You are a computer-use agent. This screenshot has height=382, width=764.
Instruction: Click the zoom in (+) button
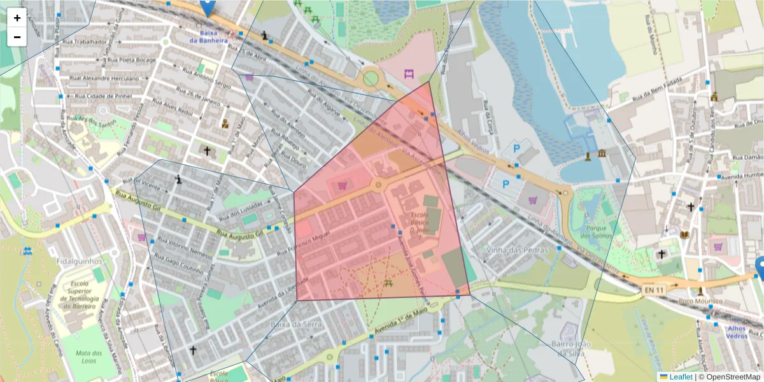point(17,18)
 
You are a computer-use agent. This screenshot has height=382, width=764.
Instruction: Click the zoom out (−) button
point(17,37)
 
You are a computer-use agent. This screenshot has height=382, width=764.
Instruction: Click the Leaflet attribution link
point(680,377)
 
